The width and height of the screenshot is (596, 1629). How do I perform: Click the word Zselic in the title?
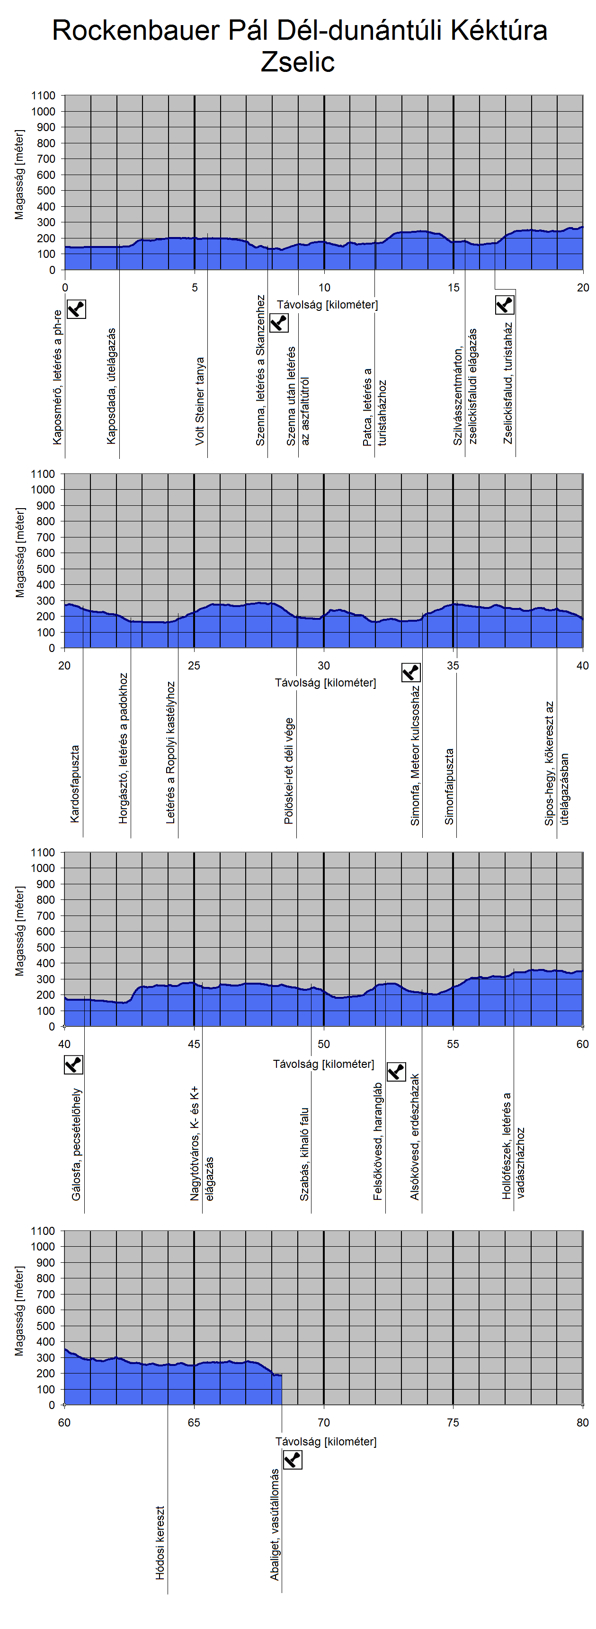tap(297, 62)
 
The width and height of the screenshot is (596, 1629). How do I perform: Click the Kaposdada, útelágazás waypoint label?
tap(111, 386)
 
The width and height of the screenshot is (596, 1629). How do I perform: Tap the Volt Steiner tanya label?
tap(200, 401)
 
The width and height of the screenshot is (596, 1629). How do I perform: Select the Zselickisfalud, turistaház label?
tap(508, 383)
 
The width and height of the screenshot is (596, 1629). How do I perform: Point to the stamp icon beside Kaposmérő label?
tap(76, 309)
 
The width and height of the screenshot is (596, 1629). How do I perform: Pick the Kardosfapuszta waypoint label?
tap(75, 784)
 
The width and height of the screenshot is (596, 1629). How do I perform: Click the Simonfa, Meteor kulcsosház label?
tap(415, 756)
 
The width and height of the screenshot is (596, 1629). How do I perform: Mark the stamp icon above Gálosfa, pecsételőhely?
tap(73, 1065)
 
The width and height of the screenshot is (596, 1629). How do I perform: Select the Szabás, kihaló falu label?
tap(304, 1154)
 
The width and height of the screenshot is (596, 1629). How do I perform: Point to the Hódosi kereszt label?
tap(160, 1542)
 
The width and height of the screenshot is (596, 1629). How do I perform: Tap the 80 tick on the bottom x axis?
tap(582, 1422)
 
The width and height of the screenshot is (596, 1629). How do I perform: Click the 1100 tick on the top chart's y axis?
tap(44, 96)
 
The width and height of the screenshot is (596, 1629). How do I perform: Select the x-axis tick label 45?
tap(194, 1044)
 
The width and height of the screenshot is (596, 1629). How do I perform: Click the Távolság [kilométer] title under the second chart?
tap(325, 683)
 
